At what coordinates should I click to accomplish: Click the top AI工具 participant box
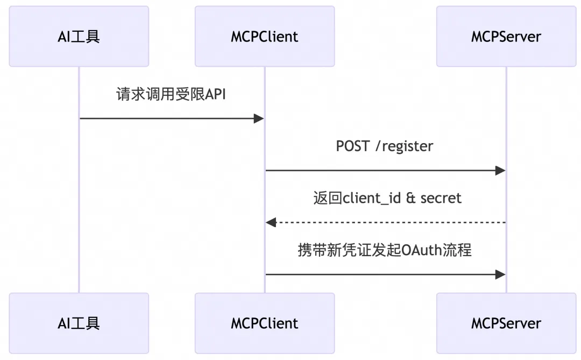point(79,37)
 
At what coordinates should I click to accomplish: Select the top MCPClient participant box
point(265,37)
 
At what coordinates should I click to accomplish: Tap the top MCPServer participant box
point(506,37)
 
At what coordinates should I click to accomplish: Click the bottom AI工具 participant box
point(79,323)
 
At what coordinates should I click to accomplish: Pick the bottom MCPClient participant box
point(265,323)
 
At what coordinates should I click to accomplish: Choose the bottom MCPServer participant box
point(506,323)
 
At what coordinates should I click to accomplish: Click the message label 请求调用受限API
point(171,94)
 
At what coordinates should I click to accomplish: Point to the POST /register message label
point(384,146)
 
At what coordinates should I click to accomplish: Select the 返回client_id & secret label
point(387,198)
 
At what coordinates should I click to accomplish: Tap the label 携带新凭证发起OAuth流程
point(385,250)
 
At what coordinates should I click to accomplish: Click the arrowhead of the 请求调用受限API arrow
point(259,118)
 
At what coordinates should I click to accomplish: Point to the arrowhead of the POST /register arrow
point(500,171)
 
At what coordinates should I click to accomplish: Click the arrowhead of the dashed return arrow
point(271,222)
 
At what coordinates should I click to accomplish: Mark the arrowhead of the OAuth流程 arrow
point(500,274)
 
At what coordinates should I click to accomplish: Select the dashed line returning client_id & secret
point(385,222)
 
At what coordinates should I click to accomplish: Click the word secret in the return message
point(441,199)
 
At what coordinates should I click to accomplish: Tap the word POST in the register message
point(353,146)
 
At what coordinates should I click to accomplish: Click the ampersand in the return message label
point(410,199)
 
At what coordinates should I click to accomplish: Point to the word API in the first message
point(215,94)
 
